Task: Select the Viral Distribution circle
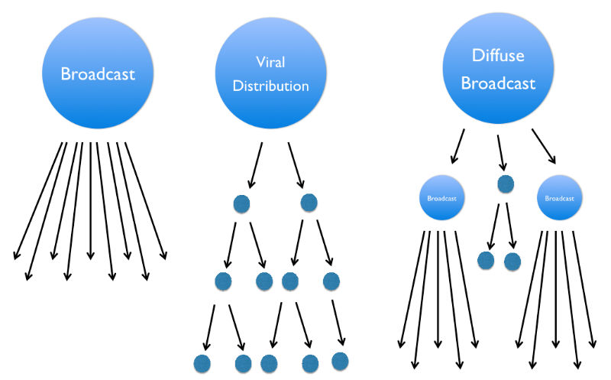(x=262, y=75)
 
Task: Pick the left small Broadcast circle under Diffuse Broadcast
(x=441, y=198)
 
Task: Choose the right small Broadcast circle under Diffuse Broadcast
(x=561, y=197)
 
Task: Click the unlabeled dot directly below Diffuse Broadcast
(x=505, y=184)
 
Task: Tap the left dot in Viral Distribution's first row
(x=241, y=204)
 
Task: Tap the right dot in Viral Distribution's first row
(x=309, y=203)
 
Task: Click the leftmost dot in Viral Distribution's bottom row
(x=202, y=364)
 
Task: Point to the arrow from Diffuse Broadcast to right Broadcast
(x=543, y=146)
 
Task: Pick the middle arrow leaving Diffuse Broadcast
(x=501, y=151)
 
